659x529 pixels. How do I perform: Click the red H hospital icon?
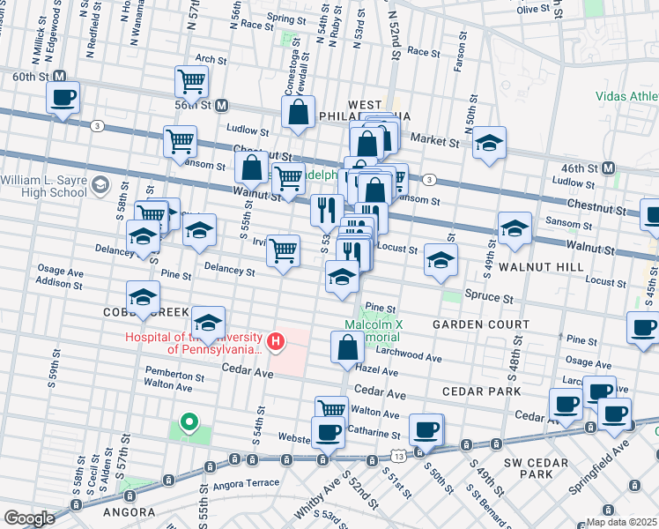(277, 340)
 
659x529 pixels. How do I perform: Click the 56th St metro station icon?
(222, 105)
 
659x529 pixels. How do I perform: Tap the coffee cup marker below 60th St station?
(63, 98)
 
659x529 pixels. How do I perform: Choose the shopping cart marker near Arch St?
(191, 82)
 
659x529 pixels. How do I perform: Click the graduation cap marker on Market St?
(489, 144)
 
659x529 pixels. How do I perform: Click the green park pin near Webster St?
(188, 423)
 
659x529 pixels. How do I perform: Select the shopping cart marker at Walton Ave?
(331, 409)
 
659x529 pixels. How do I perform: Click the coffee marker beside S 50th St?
(426, 429)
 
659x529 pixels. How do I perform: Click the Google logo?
(30, 518)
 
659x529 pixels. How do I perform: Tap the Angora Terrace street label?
(248, 482)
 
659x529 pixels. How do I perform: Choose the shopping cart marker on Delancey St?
(283, 250)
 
